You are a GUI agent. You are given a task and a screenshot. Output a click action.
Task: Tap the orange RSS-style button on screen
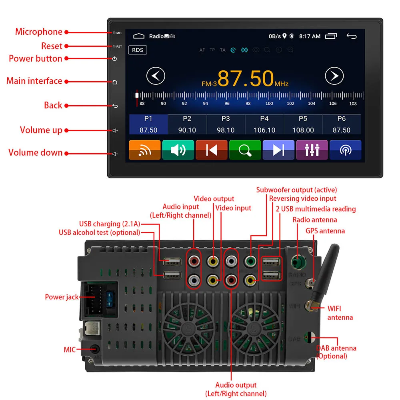144,150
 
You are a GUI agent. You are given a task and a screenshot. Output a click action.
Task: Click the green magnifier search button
245,150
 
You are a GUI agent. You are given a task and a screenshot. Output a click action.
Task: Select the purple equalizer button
312,150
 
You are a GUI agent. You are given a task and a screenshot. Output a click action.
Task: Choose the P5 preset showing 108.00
303,124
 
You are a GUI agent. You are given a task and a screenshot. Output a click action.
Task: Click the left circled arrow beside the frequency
156,76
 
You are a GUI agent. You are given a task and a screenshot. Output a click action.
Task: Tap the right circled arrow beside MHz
334,76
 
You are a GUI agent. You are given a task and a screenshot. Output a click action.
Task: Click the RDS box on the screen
138,50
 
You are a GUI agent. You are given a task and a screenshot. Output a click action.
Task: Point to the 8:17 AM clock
310,36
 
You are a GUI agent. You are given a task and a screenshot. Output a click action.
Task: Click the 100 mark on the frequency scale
269,104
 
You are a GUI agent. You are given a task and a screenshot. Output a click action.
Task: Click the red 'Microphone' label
39,32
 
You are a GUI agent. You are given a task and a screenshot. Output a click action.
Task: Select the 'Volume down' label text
36,153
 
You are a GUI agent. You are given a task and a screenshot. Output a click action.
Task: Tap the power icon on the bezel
115,59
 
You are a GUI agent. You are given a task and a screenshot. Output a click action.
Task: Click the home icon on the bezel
115,82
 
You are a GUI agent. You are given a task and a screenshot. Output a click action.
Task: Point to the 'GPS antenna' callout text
325,231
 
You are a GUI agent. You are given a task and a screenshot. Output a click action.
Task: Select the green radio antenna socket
297,262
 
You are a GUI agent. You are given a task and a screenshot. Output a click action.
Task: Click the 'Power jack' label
62,297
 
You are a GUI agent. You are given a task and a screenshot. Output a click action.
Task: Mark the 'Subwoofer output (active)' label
296,190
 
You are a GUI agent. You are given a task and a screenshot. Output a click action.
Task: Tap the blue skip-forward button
278,150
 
